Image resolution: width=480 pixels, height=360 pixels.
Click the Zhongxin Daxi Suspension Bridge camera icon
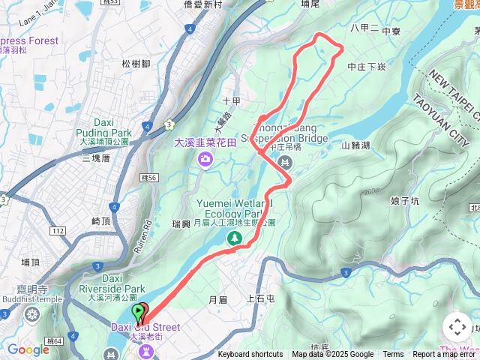283,162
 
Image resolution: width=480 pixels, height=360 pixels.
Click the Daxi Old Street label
146,327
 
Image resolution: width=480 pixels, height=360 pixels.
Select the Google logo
28,349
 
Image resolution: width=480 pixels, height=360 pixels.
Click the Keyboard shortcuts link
250,355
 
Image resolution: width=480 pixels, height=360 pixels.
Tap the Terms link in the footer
393,355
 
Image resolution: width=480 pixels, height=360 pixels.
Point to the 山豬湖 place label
355,145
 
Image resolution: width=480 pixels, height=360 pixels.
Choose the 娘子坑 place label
405,201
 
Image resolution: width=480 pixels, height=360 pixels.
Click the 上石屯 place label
261,298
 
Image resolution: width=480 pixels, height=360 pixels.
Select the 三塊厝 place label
96,158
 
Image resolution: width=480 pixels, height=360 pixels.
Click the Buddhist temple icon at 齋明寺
31,313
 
